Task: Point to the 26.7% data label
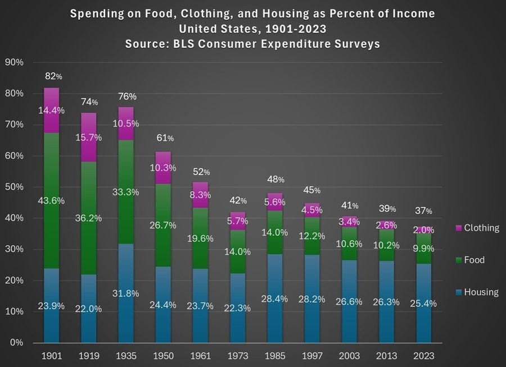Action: [x=163, y=225]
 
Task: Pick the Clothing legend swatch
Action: [x=458, y=228]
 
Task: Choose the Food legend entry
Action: [x=473, y=260]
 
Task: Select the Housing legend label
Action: [x=481, y=292]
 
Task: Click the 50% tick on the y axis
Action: [x=15, y=187]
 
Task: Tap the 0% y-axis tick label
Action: [x=17, y=342]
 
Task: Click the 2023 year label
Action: [x=423, y=356]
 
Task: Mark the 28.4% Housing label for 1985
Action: [x=275, y=299]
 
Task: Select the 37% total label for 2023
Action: [x=424, y=211]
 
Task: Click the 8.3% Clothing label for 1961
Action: [x=200, y=195]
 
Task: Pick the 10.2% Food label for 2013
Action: [x=387, y=245]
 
